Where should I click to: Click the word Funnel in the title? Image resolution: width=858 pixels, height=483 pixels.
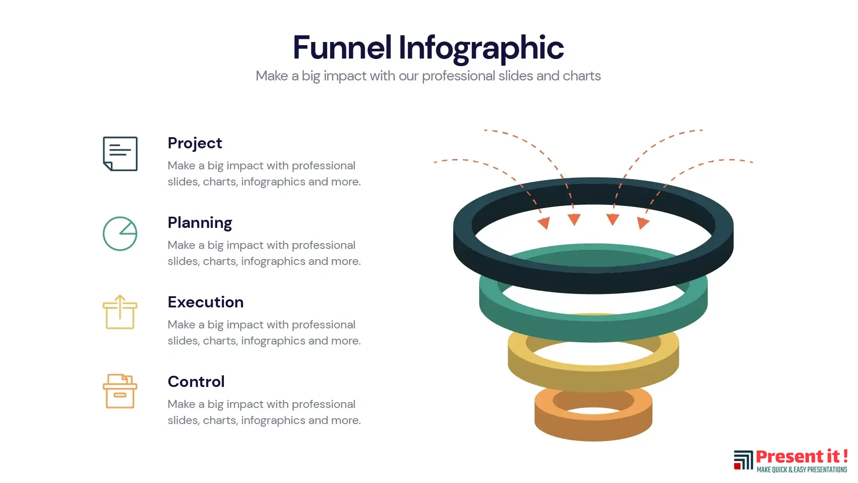click(x=342, y=47)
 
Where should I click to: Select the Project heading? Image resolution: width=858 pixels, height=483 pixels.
click(x=195, y=143)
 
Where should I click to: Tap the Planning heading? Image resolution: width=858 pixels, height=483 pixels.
click(x=200, y=223)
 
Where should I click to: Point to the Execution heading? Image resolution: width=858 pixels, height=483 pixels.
click(x=206, y=302)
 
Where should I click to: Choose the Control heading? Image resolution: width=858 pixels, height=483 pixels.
click(x=196, y=382)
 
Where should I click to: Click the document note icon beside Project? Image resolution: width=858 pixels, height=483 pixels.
click(x=120, y=154)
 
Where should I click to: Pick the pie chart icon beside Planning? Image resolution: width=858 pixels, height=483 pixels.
click(x=120, y=234)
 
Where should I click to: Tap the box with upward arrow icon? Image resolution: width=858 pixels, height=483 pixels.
click(x=120, y=312)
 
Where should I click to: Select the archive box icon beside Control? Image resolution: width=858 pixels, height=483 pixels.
click(x=120, y=391)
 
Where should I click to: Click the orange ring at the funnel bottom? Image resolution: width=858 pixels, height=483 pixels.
click(x=593, y=427)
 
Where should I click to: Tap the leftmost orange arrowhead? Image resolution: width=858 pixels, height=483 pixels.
click(x=544, y=223)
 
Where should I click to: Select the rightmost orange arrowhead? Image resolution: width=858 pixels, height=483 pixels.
click(x=643, y=223)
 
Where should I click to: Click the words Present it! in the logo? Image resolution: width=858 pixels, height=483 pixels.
click(x=802, y=457)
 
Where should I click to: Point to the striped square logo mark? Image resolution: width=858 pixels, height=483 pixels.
click(x=743, y=460)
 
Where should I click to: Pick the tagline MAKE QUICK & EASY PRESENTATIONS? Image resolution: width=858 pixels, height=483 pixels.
click(x=802, y=470)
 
